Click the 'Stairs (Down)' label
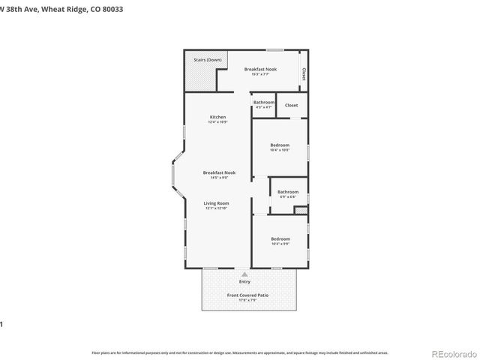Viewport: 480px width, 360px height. [x=208, y=59]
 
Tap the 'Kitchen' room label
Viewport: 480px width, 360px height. [x=217, y=117]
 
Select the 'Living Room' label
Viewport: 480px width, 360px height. [x=217, y=202]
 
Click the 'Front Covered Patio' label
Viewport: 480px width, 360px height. [x=247, y=295]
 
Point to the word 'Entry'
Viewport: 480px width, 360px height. [x=244, y=281]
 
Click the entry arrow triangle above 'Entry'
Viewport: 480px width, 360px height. [x=244, y=274]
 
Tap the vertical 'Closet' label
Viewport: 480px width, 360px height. [x=304, y=74]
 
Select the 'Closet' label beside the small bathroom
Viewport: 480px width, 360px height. [x=291, y=105]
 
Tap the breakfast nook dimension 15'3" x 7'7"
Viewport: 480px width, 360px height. [x=260, y=74]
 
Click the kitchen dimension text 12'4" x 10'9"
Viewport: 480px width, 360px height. [x=217, y=122]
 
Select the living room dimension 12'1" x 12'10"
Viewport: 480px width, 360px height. [x=217, y=208]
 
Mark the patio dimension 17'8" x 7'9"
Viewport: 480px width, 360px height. [x=247, y=301]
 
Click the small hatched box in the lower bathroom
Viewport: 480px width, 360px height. [x=300, y=211]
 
